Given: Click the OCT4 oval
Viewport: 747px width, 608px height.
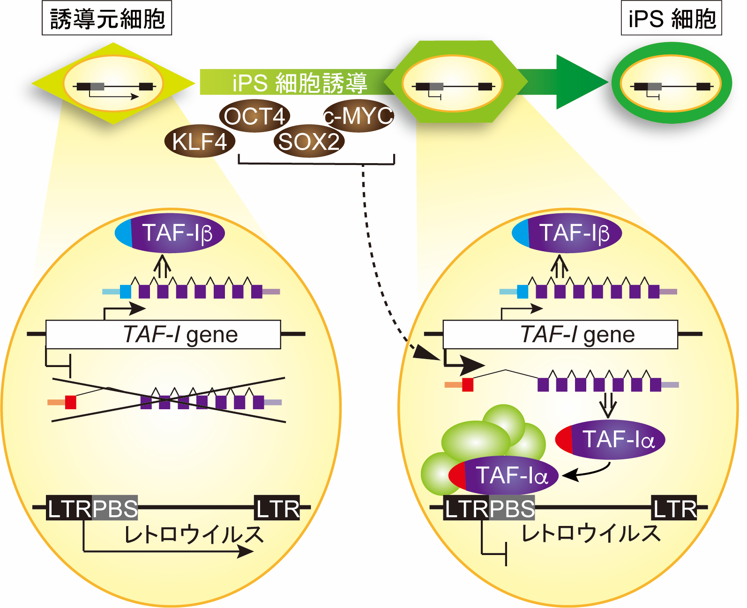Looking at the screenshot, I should point(254,116).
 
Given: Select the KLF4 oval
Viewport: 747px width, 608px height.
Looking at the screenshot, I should point(200,141).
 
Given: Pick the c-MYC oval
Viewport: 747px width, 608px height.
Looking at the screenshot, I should point(359,116).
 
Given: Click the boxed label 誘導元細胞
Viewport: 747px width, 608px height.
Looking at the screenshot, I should point(107,18).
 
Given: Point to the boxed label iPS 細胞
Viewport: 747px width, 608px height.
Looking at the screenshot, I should point(671,18).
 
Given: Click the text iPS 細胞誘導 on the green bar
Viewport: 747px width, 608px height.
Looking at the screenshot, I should point(300,83).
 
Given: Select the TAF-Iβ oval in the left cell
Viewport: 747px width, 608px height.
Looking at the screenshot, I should point(170,233).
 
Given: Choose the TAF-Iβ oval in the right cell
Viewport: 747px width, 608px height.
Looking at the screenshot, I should point(567,233).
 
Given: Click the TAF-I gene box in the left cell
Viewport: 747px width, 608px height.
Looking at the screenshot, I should point(163,335).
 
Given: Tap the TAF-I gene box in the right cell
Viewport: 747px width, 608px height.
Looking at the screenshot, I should point(560,335).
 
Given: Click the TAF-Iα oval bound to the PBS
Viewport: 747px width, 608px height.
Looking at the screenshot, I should point(504,475).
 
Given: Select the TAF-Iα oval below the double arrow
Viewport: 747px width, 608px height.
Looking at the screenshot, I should point(610,440).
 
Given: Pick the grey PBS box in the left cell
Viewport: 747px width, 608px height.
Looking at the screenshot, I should point(115,508).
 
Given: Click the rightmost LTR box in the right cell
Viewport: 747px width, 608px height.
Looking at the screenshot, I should point(674,508).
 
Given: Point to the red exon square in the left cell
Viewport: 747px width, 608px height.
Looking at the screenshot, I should point(71,402).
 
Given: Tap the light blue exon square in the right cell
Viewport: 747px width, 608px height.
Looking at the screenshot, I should point(523,292).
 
